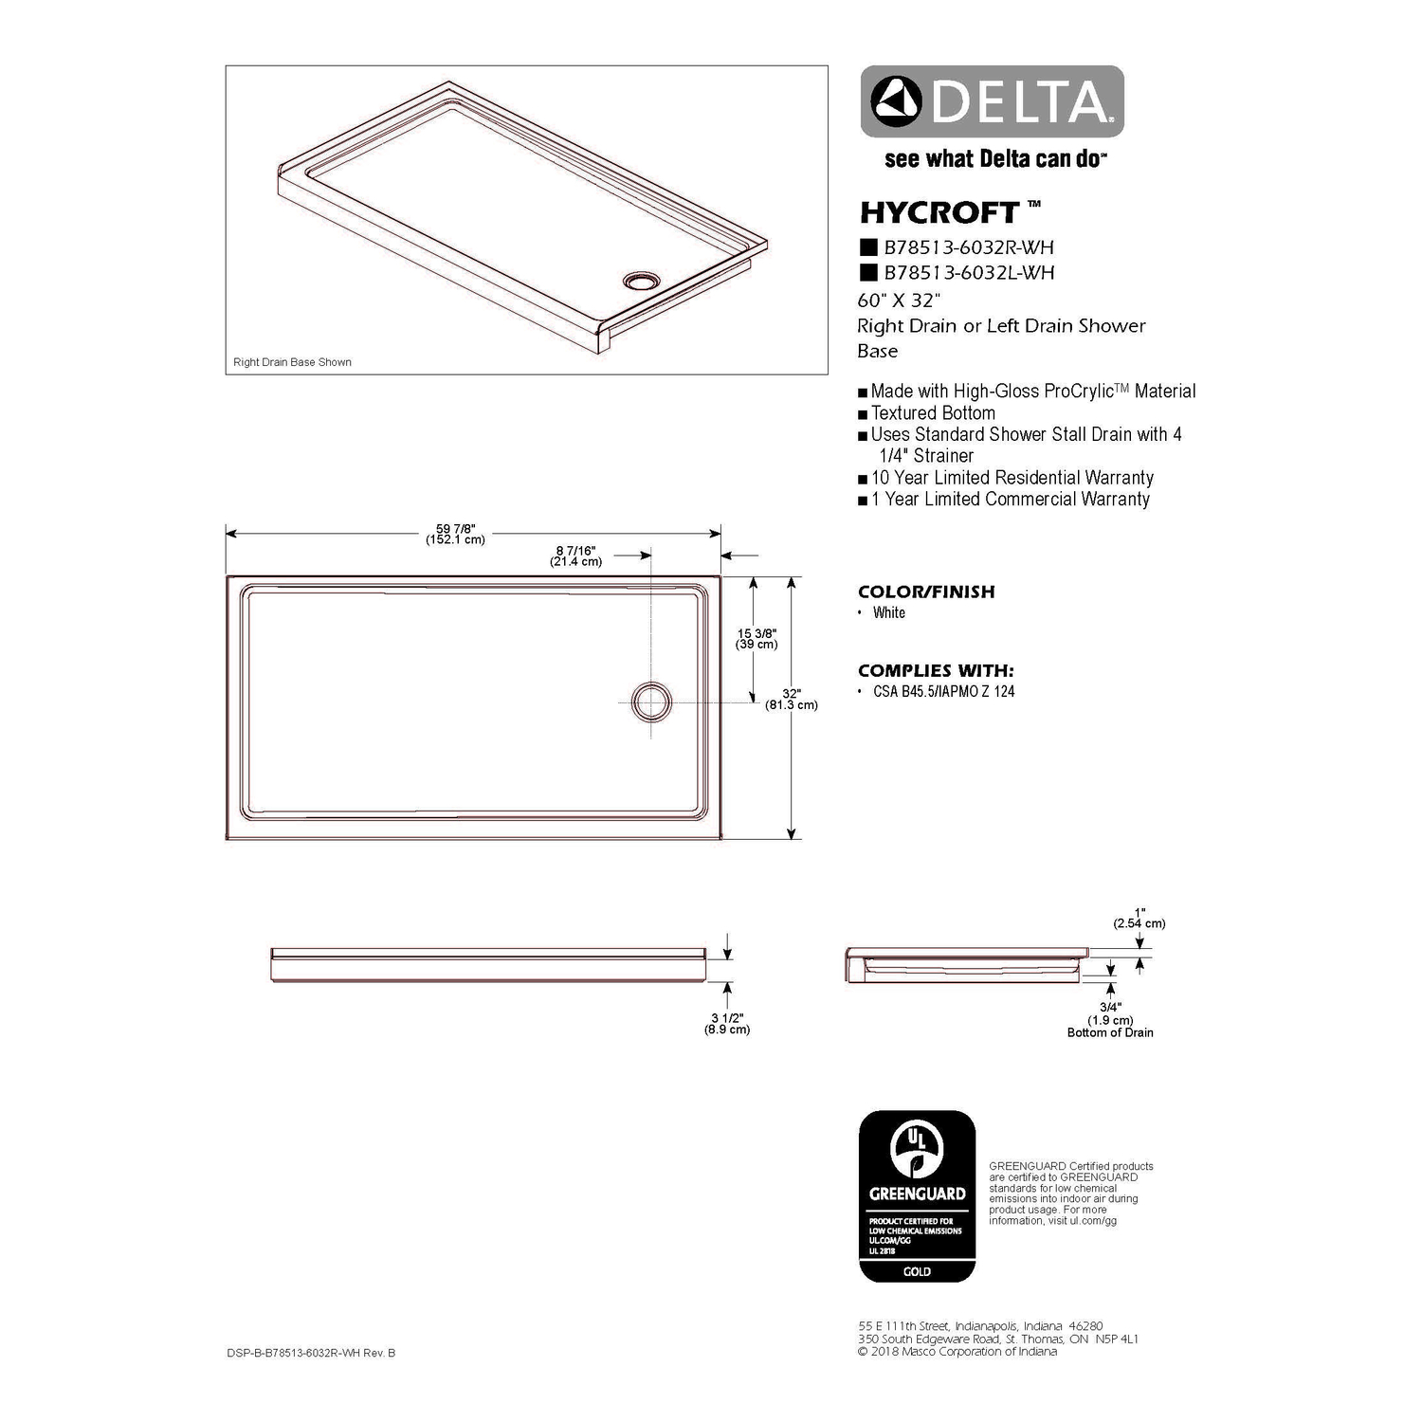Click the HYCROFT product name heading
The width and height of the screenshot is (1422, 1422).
click(939, 211)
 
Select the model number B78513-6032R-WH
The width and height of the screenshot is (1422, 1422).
click(968, 247)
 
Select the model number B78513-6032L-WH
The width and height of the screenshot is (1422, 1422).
click(968, 273)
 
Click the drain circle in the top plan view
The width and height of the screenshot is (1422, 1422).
click(651, 702)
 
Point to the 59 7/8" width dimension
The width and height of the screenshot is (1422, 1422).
click(455, 534)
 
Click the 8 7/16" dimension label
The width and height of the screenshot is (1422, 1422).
click(575, 556)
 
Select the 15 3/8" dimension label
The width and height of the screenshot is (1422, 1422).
click(757, 639)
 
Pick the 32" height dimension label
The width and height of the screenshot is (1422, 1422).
click(792, 699)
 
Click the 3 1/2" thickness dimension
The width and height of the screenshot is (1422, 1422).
click(727, 1023)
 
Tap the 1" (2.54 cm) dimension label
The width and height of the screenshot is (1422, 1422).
click(1139, 918)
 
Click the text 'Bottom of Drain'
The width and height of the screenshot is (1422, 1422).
click(1110, 1032)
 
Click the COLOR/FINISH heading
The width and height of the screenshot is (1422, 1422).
click(926, 592)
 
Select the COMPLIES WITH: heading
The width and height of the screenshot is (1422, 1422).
click(936, 670)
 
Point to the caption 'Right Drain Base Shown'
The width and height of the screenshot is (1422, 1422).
click(292, 362)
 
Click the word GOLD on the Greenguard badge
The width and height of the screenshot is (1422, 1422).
click(917, 1271)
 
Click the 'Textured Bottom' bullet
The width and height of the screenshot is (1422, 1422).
click(933, 413)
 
